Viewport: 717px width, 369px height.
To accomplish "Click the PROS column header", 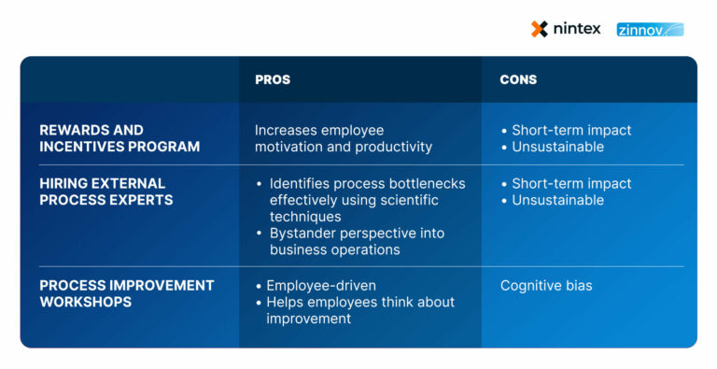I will (273, 80).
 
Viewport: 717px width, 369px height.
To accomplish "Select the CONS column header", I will (518, 80).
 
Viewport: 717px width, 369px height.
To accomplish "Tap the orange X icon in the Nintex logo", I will (540, 29).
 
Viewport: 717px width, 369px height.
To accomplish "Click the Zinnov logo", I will (650, 30).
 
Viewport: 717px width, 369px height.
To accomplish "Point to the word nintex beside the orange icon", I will (577, 29).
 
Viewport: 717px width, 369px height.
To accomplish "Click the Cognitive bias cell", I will (545, 286).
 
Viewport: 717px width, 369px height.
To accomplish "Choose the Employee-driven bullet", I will (314, 286).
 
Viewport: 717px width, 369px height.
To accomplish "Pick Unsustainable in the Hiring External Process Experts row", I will (557, 201).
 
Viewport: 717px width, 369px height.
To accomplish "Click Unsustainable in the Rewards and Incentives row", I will (557, 148).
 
